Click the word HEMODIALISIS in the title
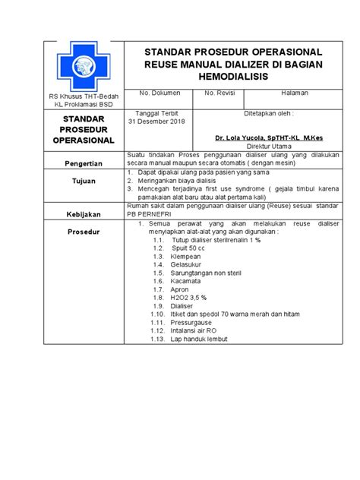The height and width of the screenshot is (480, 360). pos(234,78)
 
